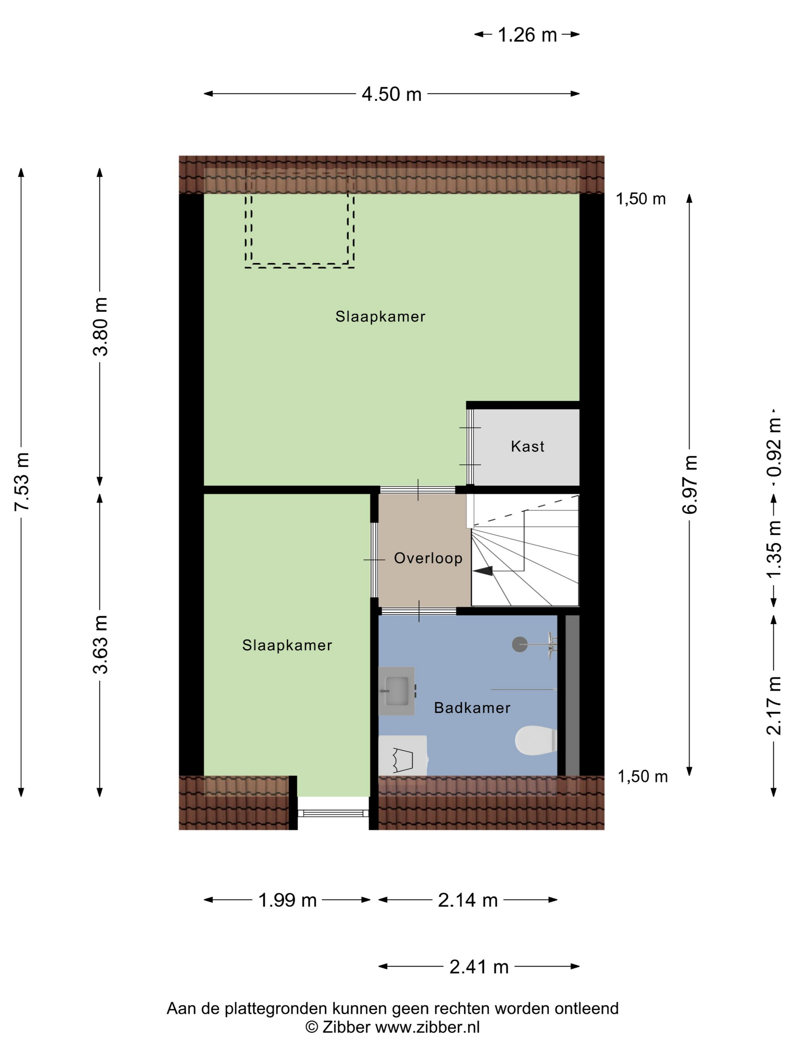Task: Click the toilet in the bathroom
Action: tap(536, 740)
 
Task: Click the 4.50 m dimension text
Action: tap(391, 94)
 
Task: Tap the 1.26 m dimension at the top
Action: tap(527, 34)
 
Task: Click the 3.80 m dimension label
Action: tap(101, 326)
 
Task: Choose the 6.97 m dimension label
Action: tap(690, 485)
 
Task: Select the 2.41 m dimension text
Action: tap(479, 967)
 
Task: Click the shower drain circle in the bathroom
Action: tap(519, 645)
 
